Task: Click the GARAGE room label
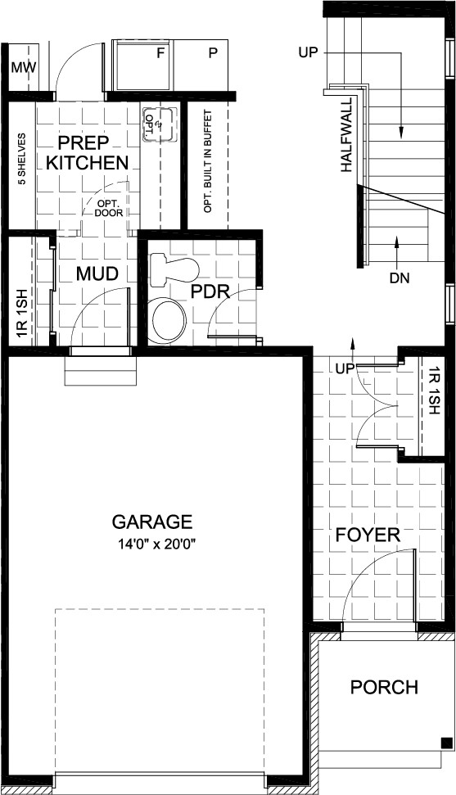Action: click(x=152, y=522)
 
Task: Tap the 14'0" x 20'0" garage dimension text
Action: click(x=157, y=544)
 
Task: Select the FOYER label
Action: click(x=368, y=535)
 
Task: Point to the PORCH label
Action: click(x=385, y=687)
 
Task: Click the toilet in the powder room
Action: click(x=174, y=269)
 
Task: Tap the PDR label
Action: click(x=210, y=292)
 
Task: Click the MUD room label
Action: click(x=97, y=273)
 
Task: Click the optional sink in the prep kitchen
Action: click(x=160, y=124)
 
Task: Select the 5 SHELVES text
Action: click(x=22, y=160)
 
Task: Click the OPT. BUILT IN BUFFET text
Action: click(x=207, y=161)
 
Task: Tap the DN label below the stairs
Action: click(x=400, y=278)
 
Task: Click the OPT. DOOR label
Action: click(x=109, y=209)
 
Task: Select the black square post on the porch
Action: click(x=446, y=743)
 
